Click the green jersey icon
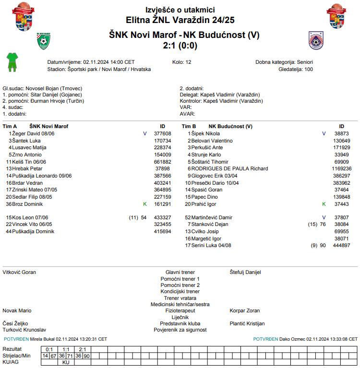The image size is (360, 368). (x=12, y=62)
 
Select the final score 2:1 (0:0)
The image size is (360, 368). (x=180, y=46)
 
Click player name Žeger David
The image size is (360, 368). (x=27, y=133)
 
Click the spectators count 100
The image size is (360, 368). (x=308, y=69)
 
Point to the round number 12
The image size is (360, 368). (x=188, y=62)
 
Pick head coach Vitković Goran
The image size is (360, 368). (x=19, y=272)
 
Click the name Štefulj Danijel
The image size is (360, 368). (x=245, y=272)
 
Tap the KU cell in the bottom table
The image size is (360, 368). (x=66, y=362)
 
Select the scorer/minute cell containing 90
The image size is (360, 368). (x=87, y=356)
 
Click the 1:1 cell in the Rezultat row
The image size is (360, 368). (x=66, y=349)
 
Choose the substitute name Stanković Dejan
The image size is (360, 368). (x=211, y=224)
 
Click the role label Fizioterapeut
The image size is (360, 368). (x=180, y=310)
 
